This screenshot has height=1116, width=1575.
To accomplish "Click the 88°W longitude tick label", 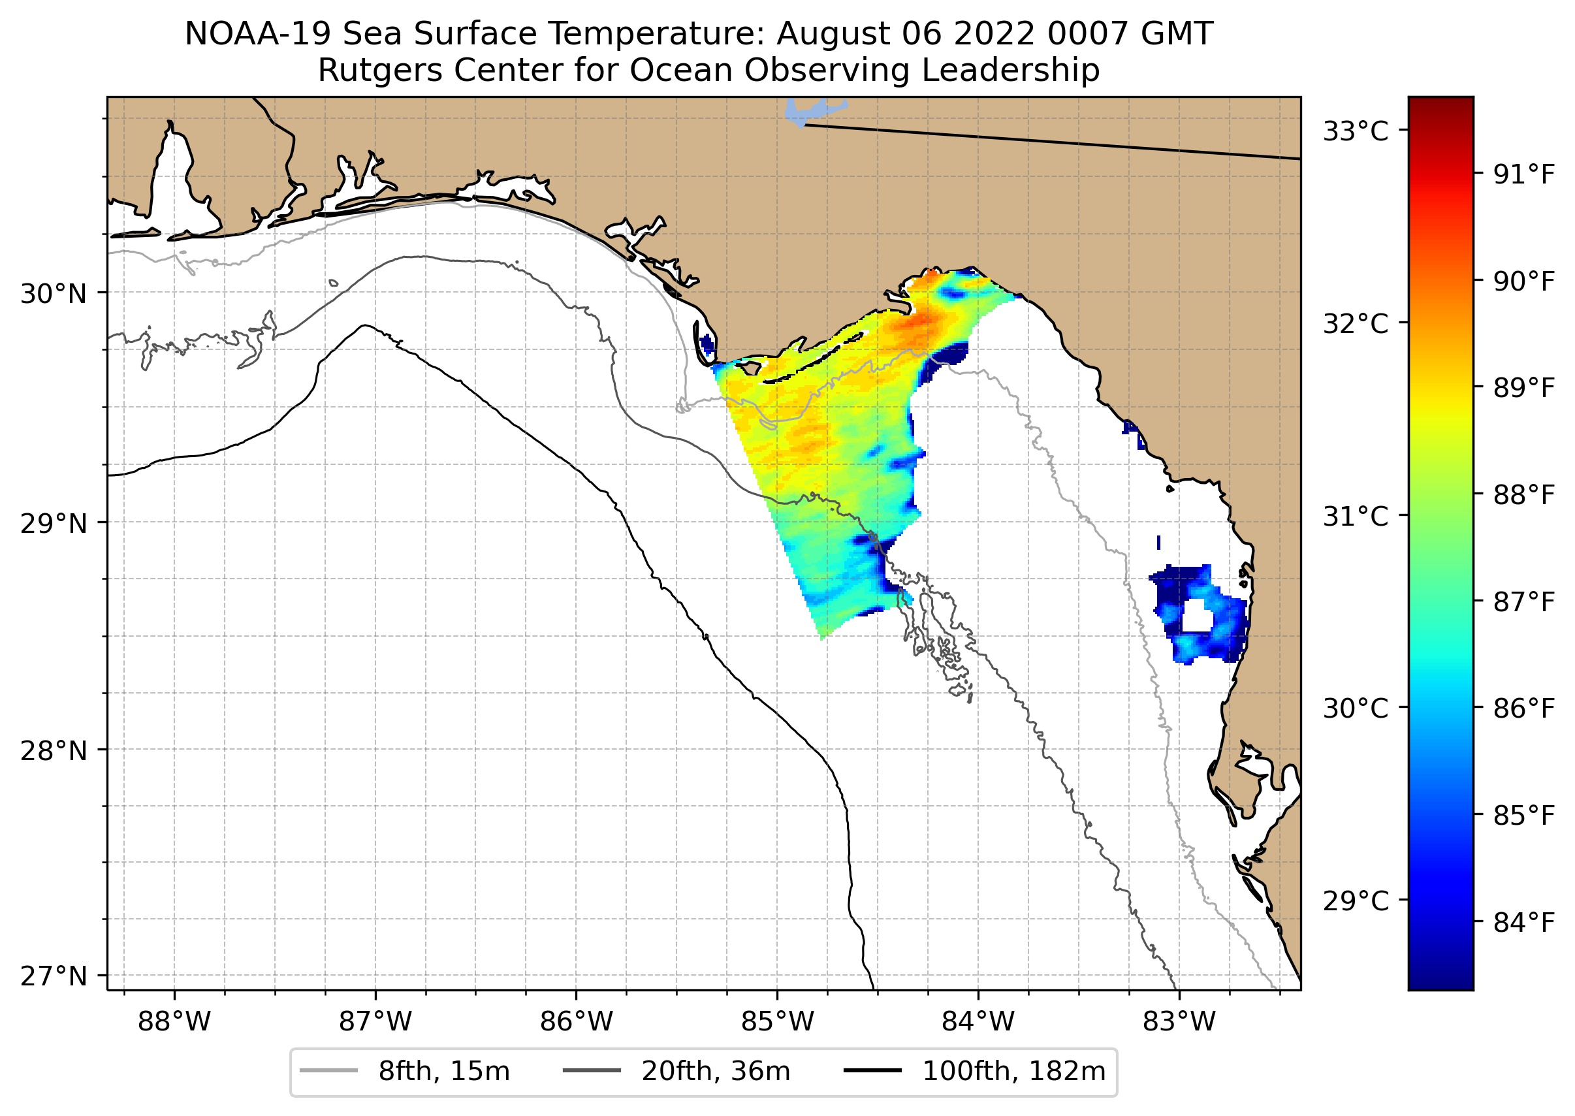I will point(174,1023).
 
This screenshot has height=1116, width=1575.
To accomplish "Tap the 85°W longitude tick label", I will point(777,1023).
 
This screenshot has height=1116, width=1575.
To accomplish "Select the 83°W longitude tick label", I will point(1179,1023).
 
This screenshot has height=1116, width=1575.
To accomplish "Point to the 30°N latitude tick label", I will point(54,294).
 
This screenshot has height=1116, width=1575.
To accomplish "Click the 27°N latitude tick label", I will point(54,976).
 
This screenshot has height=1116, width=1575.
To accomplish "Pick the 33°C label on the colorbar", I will point(1355,131).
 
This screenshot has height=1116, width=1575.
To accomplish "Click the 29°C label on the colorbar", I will point(1355,901).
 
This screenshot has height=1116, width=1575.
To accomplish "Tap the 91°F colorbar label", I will point(1523,175).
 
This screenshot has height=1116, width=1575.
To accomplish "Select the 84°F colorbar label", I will point(1523,923).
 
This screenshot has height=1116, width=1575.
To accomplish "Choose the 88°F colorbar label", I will point(1523,495).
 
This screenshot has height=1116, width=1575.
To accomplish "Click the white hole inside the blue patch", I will point(1196,615).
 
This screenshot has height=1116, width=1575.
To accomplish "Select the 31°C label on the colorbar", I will point(1355,517).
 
